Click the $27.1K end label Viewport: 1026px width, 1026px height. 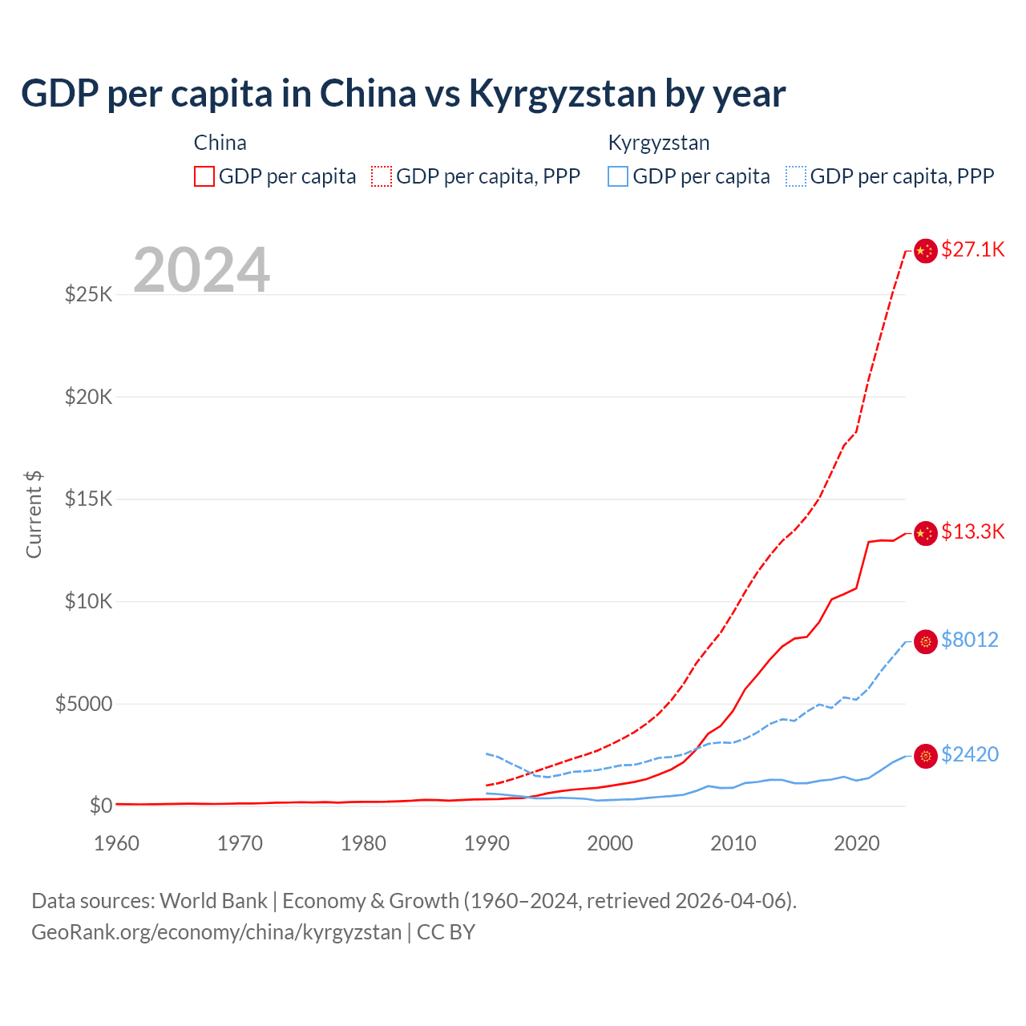972,249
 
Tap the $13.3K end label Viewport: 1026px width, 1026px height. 972,531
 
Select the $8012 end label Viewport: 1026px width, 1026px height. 969,640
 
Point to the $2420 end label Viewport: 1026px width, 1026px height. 969,754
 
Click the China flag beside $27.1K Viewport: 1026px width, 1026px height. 926,251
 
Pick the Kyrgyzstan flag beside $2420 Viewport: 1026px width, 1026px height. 926,756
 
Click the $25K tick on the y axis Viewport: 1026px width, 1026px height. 88,294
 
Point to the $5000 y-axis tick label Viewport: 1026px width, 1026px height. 83,704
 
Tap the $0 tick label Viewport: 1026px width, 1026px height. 100,806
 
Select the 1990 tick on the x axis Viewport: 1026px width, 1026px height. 487,843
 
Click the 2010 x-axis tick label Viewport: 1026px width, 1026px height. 733,843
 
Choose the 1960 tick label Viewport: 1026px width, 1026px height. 116,843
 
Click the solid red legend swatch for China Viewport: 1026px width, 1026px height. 204,176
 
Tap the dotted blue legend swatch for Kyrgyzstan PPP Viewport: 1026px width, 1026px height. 796,176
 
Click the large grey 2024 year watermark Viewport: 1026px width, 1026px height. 201,270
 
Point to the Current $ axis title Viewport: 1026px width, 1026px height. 34,514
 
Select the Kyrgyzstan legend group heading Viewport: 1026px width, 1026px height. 659,143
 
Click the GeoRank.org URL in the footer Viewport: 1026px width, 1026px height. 216,932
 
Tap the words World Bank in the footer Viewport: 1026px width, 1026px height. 213,901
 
